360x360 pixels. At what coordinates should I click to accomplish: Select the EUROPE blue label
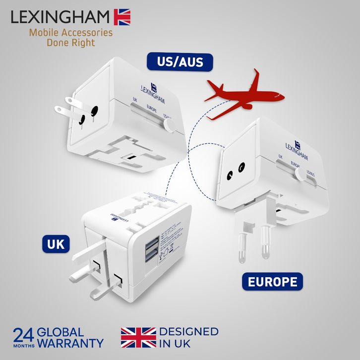point(273,281)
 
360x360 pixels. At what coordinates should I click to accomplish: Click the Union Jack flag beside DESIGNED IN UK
point(138,337)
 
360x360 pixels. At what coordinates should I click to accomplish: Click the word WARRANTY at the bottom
point(71,343)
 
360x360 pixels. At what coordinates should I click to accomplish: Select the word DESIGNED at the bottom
point(188,331)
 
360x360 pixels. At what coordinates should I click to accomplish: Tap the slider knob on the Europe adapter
point(300,175)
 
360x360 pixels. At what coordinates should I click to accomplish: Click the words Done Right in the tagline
point(70,43)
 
